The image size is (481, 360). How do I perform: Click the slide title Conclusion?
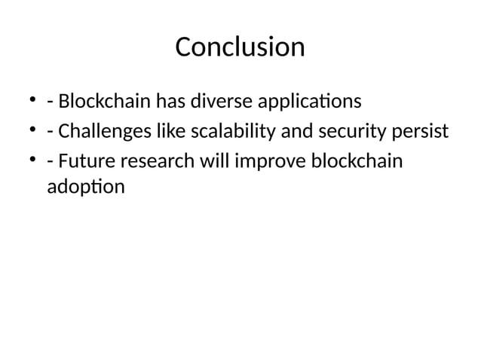click(x=240, y=47)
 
